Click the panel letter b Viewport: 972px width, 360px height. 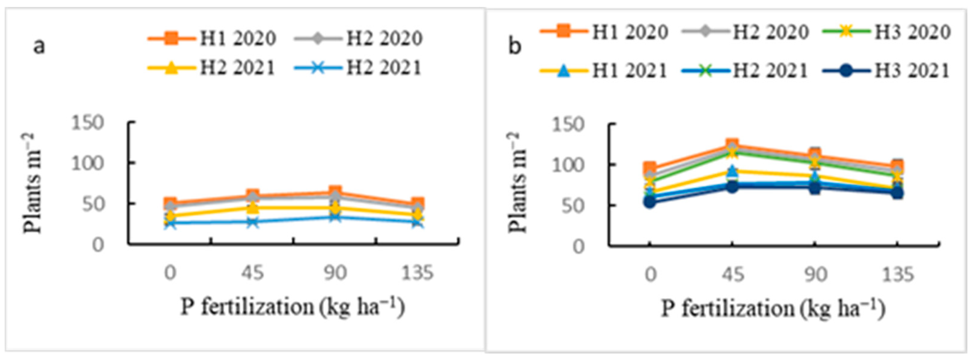(515, 46)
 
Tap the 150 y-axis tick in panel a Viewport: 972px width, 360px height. (87, 123)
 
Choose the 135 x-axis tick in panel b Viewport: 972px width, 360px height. (898, 274)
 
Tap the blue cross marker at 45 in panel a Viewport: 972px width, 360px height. (252, 222)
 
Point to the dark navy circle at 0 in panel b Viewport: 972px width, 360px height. (650, 202)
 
